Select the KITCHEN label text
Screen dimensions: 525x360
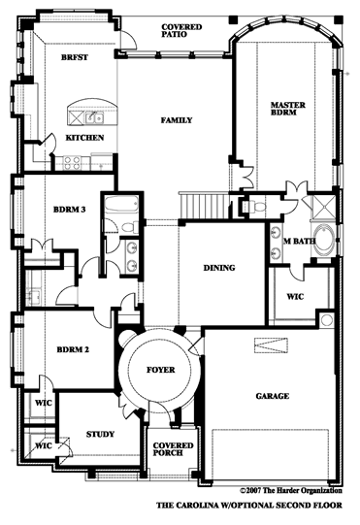[x=84, y=138]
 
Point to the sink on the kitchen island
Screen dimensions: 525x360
[x=91, y=118]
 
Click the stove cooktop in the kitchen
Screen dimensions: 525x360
[x=71, y=162]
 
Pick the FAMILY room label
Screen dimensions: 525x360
[x=177, y=120]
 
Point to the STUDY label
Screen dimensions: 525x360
[x=100, y=434]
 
